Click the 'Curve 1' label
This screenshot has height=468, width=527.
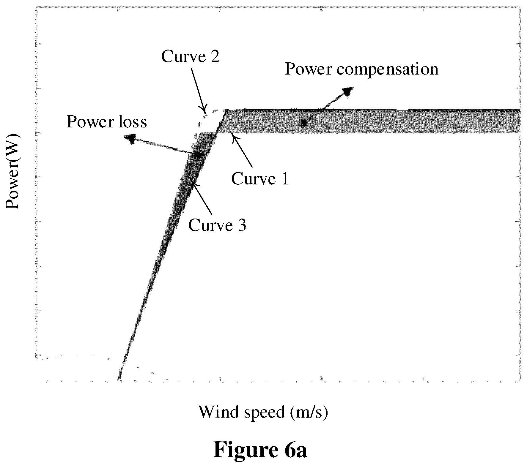click(x=260, y=179)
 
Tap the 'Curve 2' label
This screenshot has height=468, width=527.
click(x=190, y=56)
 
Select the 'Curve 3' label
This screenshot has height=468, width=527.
click(x=217, y=225)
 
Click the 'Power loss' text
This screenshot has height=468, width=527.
click(x=107, y=121)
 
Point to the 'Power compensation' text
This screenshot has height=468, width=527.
click(x=362, y=69)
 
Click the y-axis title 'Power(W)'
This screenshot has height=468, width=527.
click(x=13, y=172)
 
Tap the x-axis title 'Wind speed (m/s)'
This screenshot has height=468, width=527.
click(x=263, y=412)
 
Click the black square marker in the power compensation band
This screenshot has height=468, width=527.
click(x=304, y=122)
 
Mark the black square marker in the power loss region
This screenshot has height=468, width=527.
click(x=197, y=154)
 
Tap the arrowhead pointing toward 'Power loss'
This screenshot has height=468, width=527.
click(x=130, y=138)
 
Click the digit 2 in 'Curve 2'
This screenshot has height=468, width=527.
click(x=215, y=56)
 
